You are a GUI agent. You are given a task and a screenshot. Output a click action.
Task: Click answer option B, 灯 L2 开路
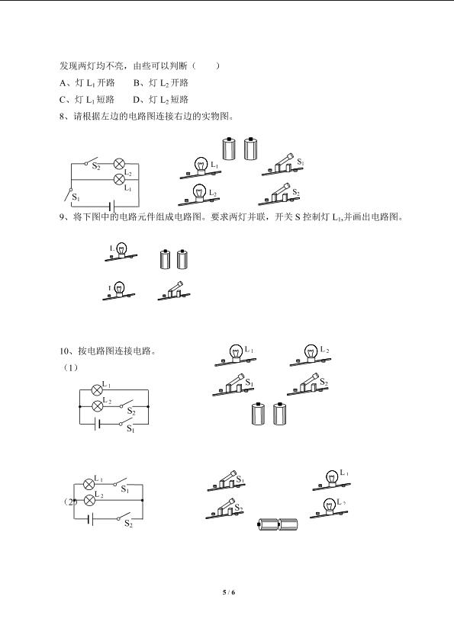pyautogui.click(x=161, y=83)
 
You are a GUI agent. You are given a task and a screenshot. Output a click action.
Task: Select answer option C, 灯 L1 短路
pyautogui.click(x=87, y=100)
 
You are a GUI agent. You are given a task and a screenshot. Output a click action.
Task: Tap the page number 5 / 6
pyautogui.click(x=228, y=592)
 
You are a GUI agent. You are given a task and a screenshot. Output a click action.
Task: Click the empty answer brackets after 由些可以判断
pyautogui.click(x=206, y=66)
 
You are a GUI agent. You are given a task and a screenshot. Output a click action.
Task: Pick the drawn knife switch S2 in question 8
pyautogui.click(x=279, y=195)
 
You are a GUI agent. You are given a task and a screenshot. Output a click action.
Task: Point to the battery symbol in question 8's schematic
pyautogui.click(x=112, y=206)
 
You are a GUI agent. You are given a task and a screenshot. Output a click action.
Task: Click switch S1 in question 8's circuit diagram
pyautogui.click(x=69, y=194)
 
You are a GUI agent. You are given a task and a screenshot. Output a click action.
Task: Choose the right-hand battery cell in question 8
pyautogui.click(x=250, y=149)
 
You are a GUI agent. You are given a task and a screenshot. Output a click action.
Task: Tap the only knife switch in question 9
pyautogui.click(x=174, y=291)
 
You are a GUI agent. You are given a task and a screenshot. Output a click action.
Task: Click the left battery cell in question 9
pyautogui.click(x=165, y=259)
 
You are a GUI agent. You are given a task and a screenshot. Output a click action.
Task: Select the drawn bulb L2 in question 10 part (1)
pyautogui.click(x=311, y=355)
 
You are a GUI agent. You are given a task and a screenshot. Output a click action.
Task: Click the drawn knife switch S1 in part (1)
pyautogui.click(x=233, y=385)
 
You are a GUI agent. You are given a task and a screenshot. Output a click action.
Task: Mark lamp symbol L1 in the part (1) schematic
pyautogui.click(x=97, y=390)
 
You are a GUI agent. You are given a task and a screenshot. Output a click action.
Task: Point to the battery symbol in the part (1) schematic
pyautogui.click(x=97, y=425)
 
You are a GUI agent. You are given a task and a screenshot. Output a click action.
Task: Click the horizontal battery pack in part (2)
pyautogui.click(x=279, y=524)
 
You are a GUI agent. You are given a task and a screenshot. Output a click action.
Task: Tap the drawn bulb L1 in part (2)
pyautogui.click(x=332, y=480)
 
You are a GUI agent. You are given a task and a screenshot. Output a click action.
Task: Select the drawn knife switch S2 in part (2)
pyautogui.click(x=224, y=508)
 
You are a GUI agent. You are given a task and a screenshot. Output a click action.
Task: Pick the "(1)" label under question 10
pyautogui.click(x=70, y=367)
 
